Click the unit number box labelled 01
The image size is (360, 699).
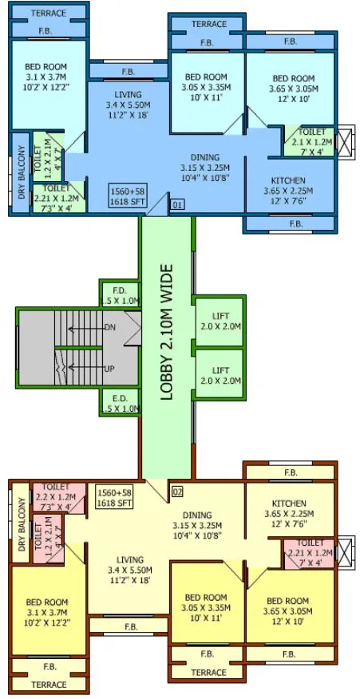click(x=177, y=205)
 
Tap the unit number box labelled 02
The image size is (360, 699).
click(x=177, y=490)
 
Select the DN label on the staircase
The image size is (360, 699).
click(x=110, y=328)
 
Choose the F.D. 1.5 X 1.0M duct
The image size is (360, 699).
click(x=121, y=295)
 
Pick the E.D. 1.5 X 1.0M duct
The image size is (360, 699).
click(x=121, y=403)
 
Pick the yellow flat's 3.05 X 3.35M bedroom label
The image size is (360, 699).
click(x=205, y=607)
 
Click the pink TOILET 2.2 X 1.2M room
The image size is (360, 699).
click(x=58, y=496)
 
